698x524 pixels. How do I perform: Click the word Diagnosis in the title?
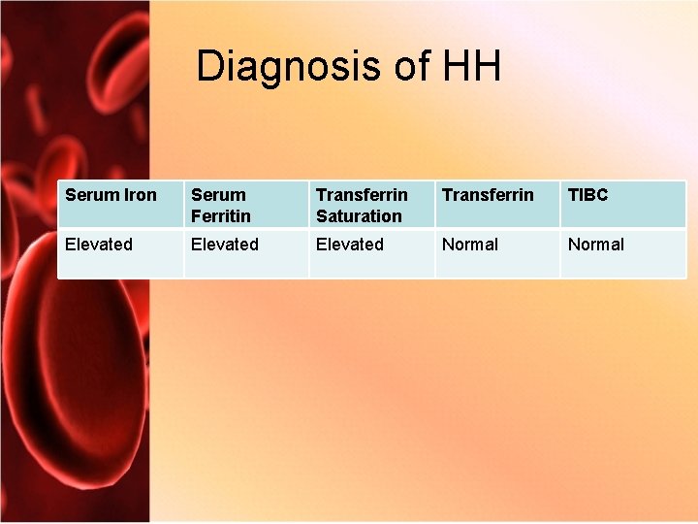pyautogui.click(x=275, y=67)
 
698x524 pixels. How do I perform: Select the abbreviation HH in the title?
pyautogui.click(x=471, y=67)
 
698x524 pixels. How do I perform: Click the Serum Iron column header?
pyautogui.click(x=111, y=195)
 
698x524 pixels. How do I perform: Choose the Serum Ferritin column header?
pyautogui.click(x=221, y=205)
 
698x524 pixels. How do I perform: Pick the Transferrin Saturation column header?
pyautogui.click(x=362, y=205)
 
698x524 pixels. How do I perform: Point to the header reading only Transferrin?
pyautogui.click(x=488, y=195)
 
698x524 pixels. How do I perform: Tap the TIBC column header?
pyautogui.click(x=587, y=195)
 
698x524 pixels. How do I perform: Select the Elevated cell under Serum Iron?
pyautogui.click(x=99, y=245)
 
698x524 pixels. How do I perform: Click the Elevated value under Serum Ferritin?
pyautogui.click(x=225, y=245)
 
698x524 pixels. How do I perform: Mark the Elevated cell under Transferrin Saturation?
pyautogui.click(x=350, y=245)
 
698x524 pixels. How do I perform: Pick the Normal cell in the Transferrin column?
pyautogui.click(x=470, y=245)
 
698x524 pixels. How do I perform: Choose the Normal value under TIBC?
pyautogui.click(x=596, y=245)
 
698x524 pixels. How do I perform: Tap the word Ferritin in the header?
pyautogui.click(x=221, y=215)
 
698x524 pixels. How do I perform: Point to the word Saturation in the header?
pyautogui.click(x=359, y=215)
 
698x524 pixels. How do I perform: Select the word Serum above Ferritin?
pyautogui.click(x=218, y=195)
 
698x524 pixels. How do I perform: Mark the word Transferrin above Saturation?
pyautogui.click(x=362, y=195)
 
